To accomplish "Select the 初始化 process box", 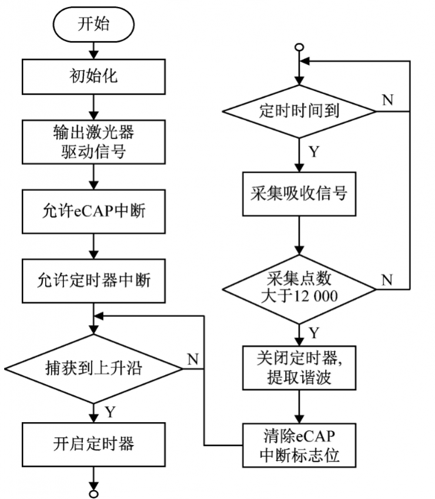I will [x=93, y=77].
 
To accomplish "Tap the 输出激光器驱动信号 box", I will [x=93, y=141].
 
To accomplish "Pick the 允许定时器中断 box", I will [x=93, y=280].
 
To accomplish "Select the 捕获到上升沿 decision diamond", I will [x=93, y=368].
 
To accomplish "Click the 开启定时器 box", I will [x=93, y=443].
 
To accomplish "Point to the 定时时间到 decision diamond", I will [x=299, y=111].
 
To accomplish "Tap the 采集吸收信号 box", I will [x=299, y=193].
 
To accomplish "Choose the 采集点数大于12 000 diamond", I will [x=299, y=287].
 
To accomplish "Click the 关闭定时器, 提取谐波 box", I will [x=299, y=367].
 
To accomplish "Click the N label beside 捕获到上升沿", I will [x=192, y=359].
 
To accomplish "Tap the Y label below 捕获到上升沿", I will [x=109, y=412].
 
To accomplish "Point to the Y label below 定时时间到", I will [x=314, y=152].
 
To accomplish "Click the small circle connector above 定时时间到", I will [x=299, y=47].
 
